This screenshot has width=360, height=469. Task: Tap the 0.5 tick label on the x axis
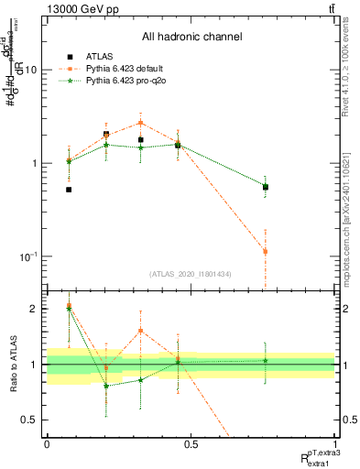[x=191, y=443]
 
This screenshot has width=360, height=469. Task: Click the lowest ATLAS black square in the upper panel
[x=69, y=190]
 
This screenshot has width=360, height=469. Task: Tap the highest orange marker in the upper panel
[x=140, y=122]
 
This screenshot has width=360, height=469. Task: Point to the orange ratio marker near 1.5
[x=140, y=331]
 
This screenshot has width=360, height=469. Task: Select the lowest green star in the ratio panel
[x=106, y=386]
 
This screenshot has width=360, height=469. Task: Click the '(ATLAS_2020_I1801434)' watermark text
[x=191, y=274]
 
